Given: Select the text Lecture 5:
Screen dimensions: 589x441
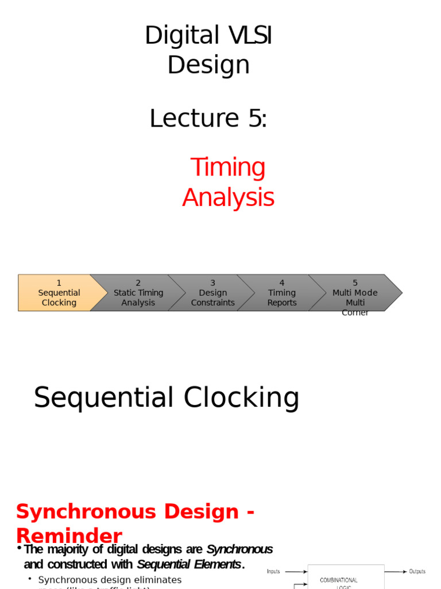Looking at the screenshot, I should point(208,118).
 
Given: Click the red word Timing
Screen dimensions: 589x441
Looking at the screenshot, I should point(228,167).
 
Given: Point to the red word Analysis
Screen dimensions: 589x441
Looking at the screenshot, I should point(228,197).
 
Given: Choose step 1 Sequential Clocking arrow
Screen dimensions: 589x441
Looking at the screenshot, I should point(59,293).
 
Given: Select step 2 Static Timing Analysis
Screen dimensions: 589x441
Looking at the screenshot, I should point(138,293).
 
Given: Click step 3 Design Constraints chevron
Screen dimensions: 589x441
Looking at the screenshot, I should point(212,293).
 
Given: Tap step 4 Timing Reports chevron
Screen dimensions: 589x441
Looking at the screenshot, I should point(281,293).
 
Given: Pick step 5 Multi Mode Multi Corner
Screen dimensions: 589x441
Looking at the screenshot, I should point(355,293).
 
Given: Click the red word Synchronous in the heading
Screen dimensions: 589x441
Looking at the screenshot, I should point(127,511).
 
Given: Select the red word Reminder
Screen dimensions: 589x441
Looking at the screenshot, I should point(69,536).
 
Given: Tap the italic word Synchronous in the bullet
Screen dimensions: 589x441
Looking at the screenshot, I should point(239,549).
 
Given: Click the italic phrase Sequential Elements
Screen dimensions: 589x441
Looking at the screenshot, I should point(189,564).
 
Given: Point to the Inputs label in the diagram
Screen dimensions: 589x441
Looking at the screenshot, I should point(273,571).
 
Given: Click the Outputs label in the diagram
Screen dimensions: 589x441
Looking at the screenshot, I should point(417,571).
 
